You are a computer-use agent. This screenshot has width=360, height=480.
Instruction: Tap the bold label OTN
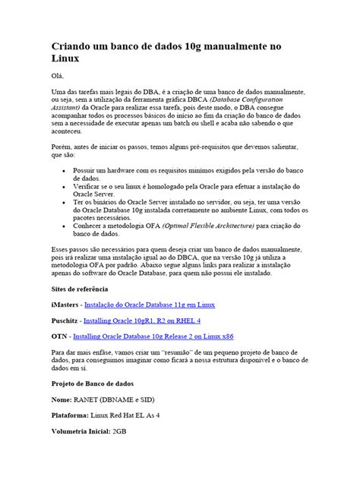(59, 336)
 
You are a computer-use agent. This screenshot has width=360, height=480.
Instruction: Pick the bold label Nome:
(62, 399)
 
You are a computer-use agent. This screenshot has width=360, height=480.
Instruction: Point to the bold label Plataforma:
(72, 415)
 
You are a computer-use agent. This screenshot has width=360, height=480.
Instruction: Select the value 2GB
(120, 431)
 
